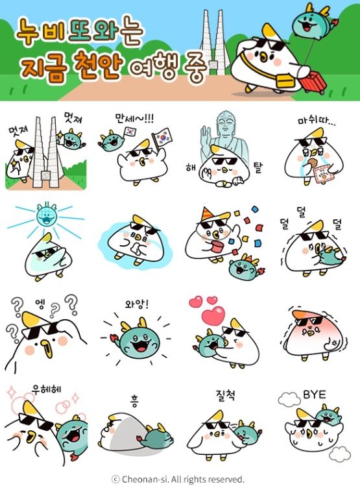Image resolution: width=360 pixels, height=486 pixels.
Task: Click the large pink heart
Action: (211, 317)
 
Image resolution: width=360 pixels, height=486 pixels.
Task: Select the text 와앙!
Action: (137, 304)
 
